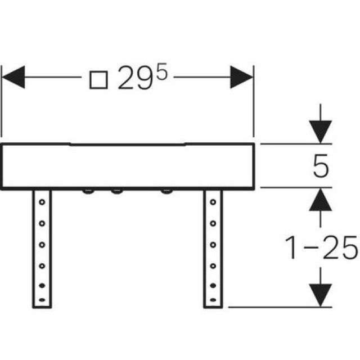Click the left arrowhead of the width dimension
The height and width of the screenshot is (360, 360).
[13, 76]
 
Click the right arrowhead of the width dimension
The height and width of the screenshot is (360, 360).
[242, 76]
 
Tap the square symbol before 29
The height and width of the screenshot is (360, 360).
[98, 80]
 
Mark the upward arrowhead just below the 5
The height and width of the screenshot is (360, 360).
[321, 199]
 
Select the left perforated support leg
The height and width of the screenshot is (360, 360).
[42, 247]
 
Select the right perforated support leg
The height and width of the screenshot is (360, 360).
[213, 247]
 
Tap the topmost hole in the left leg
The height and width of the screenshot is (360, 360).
[42, 202]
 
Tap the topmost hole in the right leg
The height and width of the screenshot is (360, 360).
[213, 202]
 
